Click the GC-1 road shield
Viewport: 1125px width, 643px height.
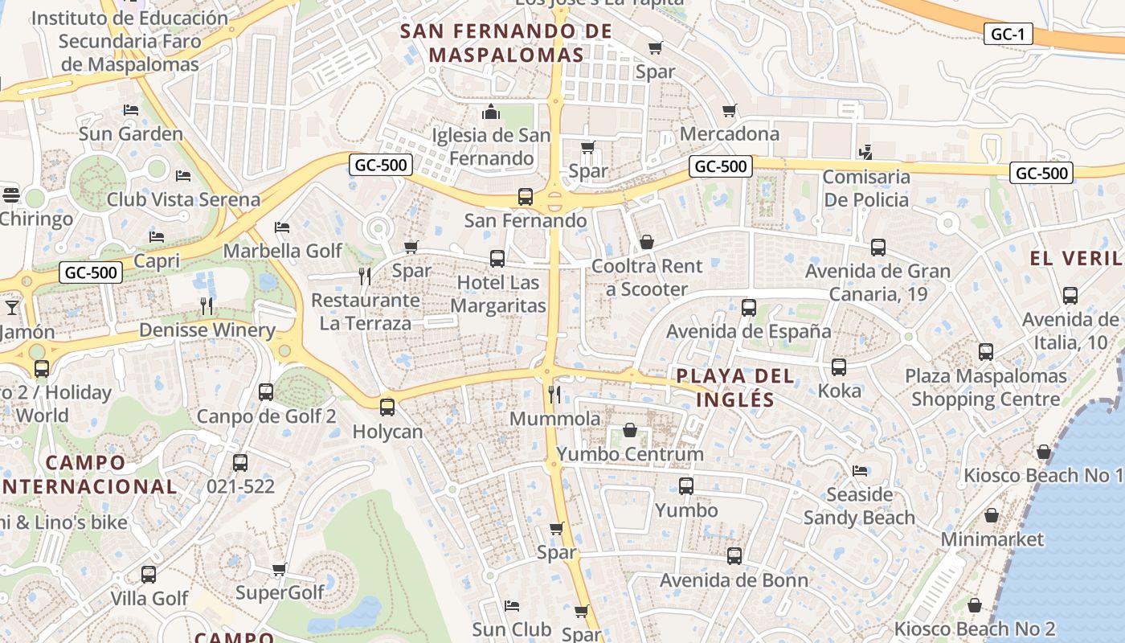point(1007,34)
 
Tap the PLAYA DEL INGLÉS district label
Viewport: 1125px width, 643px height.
point(735,387)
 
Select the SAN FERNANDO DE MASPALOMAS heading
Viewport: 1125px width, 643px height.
point(506,43)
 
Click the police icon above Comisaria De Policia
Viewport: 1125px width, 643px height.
point(865,151)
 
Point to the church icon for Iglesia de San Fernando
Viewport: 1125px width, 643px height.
point(491,111)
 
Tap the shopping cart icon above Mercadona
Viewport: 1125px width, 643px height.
point(729,110)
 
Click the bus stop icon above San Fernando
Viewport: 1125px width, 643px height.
point(525,196)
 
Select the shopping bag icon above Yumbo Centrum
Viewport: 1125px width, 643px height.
point(630,430)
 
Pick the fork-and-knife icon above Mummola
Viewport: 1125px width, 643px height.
point(554,394)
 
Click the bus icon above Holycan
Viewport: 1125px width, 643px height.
point(387,407)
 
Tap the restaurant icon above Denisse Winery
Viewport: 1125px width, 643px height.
point(207,305)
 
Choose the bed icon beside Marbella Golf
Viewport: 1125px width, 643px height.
point(282,227)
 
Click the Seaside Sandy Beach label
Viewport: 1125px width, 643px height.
point(859,506)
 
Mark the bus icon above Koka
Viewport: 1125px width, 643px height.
point(839,367)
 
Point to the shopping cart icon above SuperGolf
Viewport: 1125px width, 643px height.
point(279,569)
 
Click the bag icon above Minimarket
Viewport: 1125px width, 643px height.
point(992,515)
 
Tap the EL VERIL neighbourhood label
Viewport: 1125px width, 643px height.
point(1077,259)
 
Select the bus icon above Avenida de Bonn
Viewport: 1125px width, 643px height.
point(734,555)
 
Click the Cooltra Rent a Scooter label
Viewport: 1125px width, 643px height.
point(647,277)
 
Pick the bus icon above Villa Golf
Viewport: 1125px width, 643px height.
point(149,574)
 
